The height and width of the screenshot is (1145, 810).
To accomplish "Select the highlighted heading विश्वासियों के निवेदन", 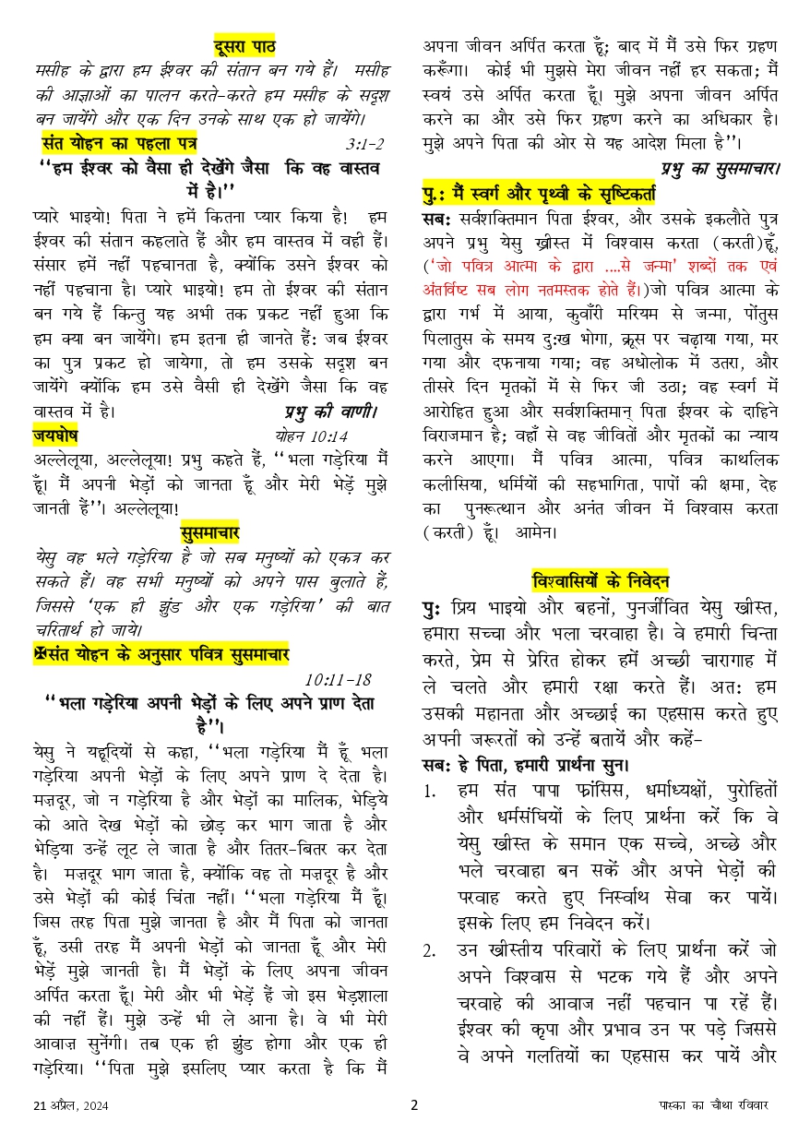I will (601, 581).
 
